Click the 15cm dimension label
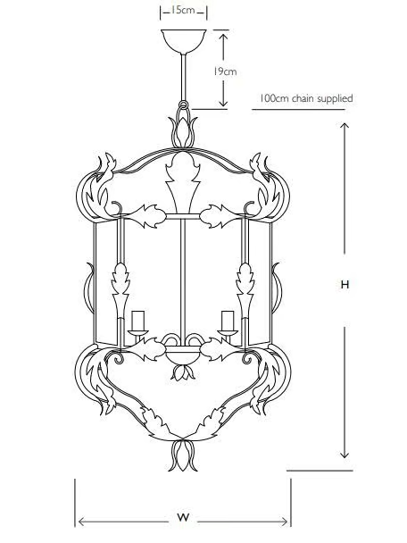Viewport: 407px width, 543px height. point(184,10)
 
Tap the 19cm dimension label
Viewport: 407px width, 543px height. point(225,71)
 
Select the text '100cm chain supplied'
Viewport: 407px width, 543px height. point(306,98)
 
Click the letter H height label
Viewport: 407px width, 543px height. point(345,285)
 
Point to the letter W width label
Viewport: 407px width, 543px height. point(184,518)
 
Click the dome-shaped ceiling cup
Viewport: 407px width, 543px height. point(184,41)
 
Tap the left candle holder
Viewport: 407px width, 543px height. point(137,325)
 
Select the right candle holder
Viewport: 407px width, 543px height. point(228,325)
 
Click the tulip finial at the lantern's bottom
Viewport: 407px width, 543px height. point(183,455)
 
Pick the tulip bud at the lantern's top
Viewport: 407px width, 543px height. point(183,132)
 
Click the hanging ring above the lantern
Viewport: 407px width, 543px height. point(184,105)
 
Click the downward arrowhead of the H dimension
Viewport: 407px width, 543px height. point(344,454)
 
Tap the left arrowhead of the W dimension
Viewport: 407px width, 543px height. point(84,522)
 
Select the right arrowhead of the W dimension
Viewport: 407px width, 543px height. point(282,522)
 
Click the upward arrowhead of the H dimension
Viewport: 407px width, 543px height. point(344,128)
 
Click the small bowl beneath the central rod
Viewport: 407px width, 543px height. point(182,356)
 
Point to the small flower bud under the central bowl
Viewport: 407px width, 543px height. point(182,372)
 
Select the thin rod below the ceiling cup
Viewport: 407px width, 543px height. point(184,77)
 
